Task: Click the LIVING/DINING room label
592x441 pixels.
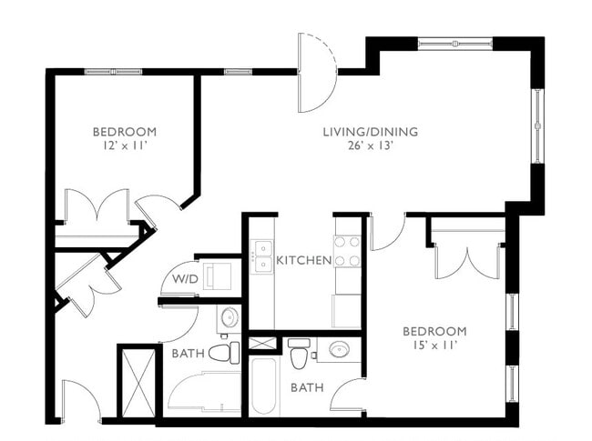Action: point(370,132)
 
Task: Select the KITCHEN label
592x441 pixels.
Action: point(303,260)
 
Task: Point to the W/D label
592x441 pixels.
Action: point(185,278)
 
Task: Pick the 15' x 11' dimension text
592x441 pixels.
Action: point(434,346)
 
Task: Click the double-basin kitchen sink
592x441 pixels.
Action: point(262,256)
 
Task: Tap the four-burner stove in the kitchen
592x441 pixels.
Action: point(347,252)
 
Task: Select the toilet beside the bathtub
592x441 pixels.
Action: point(299,356)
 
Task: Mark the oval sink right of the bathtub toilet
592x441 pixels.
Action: point(340,350)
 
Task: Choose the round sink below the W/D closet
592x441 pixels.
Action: point(229,317)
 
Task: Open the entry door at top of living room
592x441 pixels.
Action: point(317,73)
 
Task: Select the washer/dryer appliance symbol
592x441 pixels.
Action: point(219,276)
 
